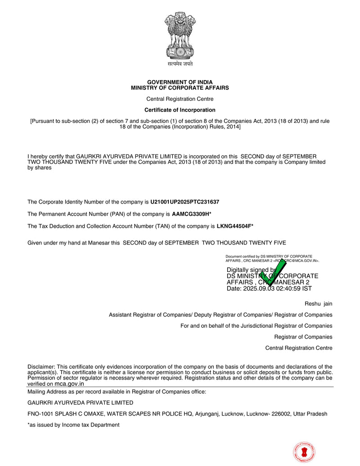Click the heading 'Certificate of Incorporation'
click(x=180, y=110)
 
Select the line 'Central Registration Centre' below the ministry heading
click(x=180, y=99)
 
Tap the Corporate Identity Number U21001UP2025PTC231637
click(x=185, y=202)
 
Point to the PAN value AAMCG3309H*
click(x=192, y=214)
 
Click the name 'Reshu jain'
click(x=318, y=304)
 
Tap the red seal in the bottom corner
click(x=304, y=452)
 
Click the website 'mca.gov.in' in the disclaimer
click(x=69, y=384)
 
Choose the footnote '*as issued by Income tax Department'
click(x=73, y=425)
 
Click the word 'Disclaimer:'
click(x=41, y=367)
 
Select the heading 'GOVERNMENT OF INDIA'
click(x=180, y=82)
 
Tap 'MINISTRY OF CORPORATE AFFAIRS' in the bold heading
click(x=180, y=88)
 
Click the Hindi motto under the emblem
click(x=180, y=64)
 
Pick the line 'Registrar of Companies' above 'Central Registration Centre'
click(x=303, y=337)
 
